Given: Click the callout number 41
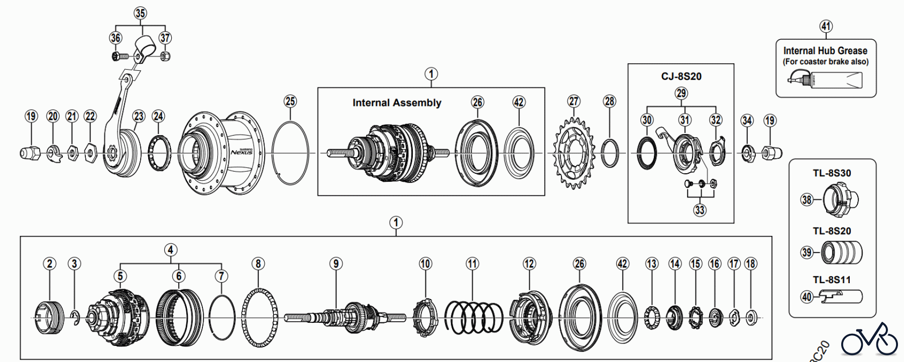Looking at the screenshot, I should (x=826, y=26).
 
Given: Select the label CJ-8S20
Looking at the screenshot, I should (x=681, y=76).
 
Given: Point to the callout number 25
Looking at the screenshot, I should (x=290, y=101).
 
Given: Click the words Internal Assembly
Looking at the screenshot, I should (x=397, y=103).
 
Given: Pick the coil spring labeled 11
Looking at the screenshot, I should (x=474, y=317).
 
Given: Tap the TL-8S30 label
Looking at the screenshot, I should (x=832, y=173).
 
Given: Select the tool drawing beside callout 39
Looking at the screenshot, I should (x=841, y=252).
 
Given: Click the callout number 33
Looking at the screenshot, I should (x=700, y=210).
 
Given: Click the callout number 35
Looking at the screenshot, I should (x=140, y=13).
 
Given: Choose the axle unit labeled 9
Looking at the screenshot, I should (x=345, y=317).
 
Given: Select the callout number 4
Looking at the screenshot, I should (x=170, y=250).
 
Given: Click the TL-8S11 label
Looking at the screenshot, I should (x=832, y=280).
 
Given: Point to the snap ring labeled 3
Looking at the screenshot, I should (x=75, y=317).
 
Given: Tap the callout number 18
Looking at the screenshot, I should (x=750, y=264).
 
